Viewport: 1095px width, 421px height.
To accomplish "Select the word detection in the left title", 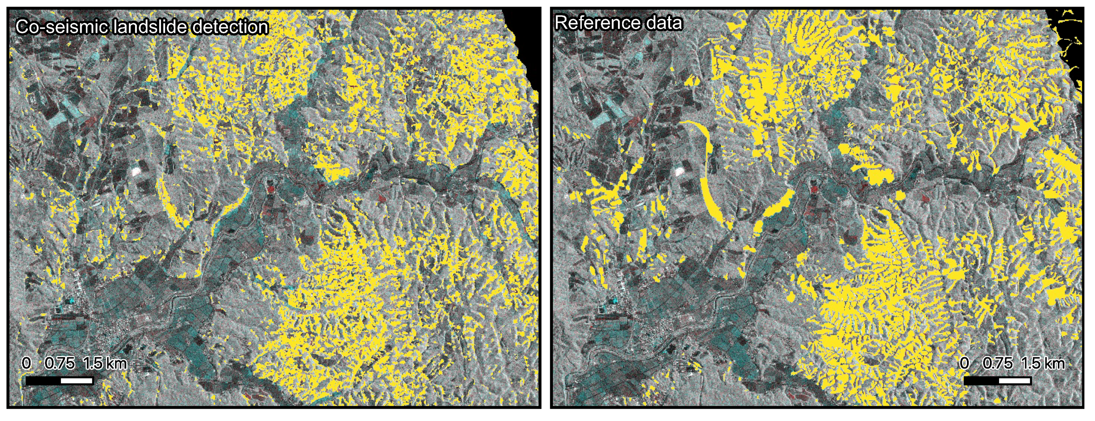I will tap(230, 27).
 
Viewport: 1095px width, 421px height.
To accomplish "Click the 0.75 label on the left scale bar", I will tap(60, 364).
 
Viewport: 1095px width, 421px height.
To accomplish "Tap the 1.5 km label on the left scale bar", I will tap(104, 364).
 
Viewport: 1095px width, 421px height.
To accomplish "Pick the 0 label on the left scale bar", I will tap(26, 364).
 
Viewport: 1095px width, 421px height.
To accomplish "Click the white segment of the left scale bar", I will tap(77, 381).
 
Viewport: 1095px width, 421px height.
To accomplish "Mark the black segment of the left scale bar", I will tap(43, 381).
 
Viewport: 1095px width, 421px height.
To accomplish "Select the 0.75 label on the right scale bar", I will tap(998, 364).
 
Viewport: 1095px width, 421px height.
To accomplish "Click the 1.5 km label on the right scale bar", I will tap(1043, 364).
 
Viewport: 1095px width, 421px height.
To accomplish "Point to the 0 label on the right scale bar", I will tap(964, 364).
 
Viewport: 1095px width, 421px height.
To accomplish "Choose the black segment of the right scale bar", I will tap(981, 381).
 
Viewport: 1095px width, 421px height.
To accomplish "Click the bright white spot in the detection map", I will tap(136, 171).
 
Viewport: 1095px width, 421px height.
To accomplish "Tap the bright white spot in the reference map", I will tap(679, 171).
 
